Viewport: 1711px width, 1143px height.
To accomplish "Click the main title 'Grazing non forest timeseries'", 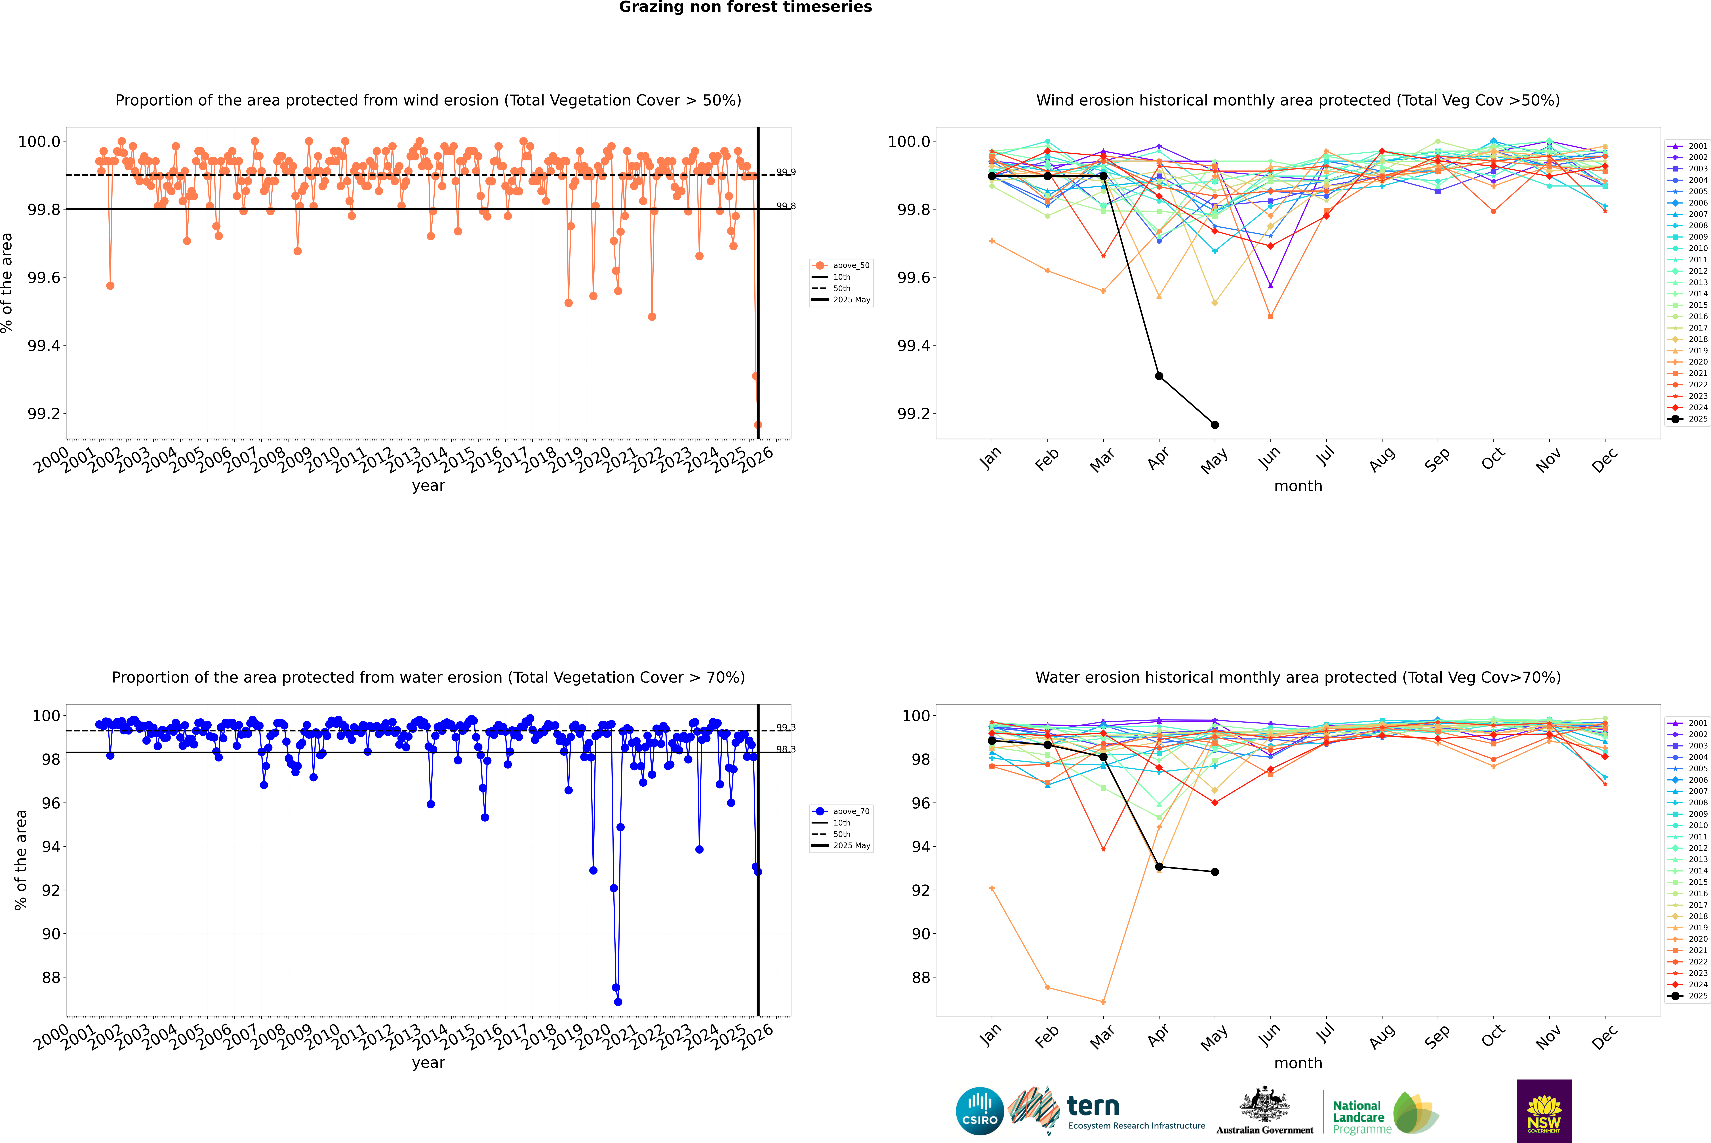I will tap(745, 7).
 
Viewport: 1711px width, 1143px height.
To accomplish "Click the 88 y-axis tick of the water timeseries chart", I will tap(51, 977).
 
